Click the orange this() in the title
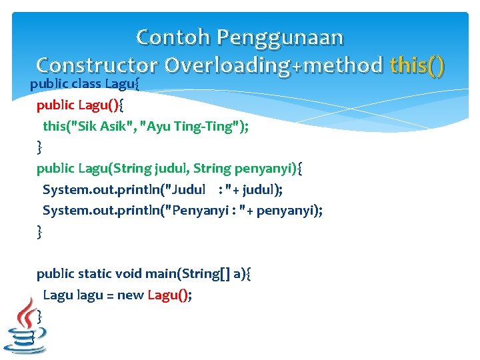click(x=417, y=65)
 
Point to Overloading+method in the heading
click(x=273, y=65)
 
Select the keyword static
click(x=95, y=274)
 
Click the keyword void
click(x=131, y=274)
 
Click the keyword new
click(x=130, y=295)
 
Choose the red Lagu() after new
click(x=168, y=295)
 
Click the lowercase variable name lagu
click(x=89, y=295)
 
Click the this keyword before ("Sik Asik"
click(x=55, y=127)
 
